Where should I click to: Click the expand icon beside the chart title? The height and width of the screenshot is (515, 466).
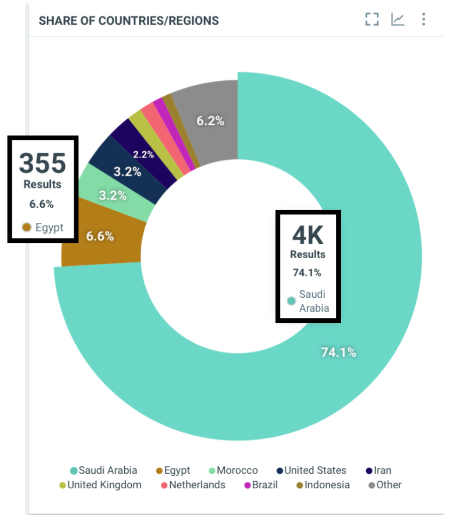(x=371, y=20)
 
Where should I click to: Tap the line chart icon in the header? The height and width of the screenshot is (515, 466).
(x=398, y=20)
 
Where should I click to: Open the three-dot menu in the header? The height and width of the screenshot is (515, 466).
(x=424, y=20)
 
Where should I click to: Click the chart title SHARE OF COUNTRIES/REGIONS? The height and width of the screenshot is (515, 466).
(x=129, y=21)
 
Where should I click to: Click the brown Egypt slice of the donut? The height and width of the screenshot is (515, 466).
(x=101, y=236)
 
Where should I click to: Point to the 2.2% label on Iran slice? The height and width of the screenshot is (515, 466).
(x=143, y=154)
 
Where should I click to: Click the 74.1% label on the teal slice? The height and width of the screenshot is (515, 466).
(x=338, y=353)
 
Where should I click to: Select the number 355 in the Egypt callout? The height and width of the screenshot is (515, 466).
(x=43, y=163)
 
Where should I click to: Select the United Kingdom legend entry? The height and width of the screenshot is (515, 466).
(x=100, y=485)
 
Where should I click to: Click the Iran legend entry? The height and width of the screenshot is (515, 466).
(x=378, y=471)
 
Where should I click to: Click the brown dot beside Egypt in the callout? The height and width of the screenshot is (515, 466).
(x=27, y=228)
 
